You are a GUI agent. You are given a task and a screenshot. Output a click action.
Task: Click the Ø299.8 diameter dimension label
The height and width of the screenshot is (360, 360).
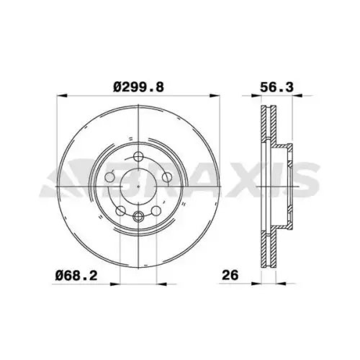tap(139, 87)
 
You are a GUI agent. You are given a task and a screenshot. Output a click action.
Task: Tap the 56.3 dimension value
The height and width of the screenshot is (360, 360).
tap(276, 87)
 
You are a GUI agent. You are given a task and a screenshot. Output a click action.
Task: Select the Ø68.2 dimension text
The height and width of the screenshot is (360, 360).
tap(76, 275)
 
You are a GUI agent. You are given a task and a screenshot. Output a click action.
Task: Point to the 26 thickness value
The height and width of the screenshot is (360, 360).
tap(230, 275)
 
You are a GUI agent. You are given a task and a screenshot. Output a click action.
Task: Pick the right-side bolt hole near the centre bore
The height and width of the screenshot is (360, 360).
tap(167, 177)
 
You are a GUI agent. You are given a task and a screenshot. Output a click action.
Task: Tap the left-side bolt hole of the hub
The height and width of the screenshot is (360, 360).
tap(109, 177)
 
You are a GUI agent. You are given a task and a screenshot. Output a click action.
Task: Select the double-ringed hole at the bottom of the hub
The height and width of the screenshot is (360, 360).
tap(139, 216)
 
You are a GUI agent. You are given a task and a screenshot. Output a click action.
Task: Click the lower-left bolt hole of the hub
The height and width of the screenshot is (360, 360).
tap(121, 211)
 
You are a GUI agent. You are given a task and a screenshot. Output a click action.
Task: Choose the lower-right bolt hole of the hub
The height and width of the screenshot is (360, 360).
tap(156, 211)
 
